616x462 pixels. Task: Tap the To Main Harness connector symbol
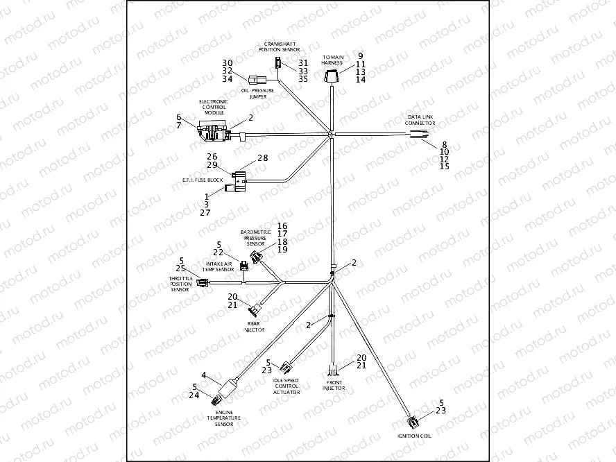tap(333, 76)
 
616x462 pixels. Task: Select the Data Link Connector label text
tap(420, 119)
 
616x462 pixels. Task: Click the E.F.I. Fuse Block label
tap(203, 180)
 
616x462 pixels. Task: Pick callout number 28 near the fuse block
tap(263, 158)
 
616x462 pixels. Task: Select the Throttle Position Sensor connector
tap(203, 282)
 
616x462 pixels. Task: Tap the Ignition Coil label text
tap(414, 436)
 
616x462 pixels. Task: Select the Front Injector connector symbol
tap(334, 368)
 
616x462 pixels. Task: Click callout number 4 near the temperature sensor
tap(204, 375)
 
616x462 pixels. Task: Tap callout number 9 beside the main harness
tap(360, 55)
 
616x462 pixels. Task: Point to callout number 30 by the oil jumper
tap(228, 62)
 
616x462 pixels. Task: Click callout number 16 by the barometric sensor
tap(282, 226)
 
